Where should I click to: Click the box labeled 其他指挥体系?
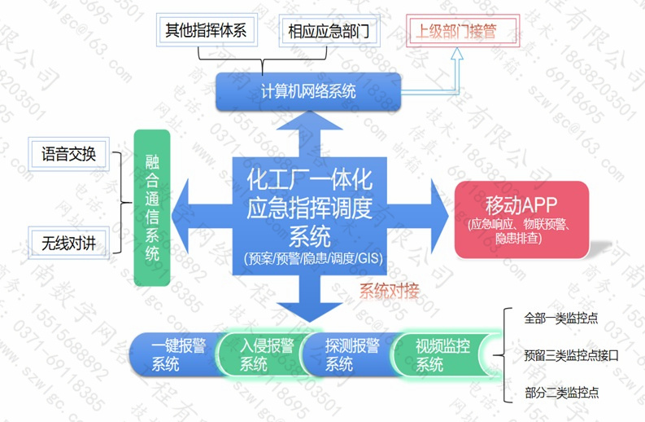click(205, 31)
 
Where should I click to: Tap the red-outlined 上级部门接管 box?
click(455, 32)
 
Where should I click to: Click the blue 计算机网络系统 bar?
click(308, 91)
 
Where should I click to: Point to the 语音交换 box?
click(68, 153)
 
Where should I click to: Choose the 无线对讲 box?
click(68, 241)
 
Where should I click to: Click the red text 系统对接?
click(389, 291)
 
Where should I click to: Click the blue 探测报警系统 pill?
click(347, 354)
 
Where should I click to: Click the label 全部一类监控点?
click(562, 318)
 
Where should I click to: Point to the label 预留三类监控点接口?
click(572, 355)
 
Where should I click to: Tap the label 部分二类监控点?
click(562, 393)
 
